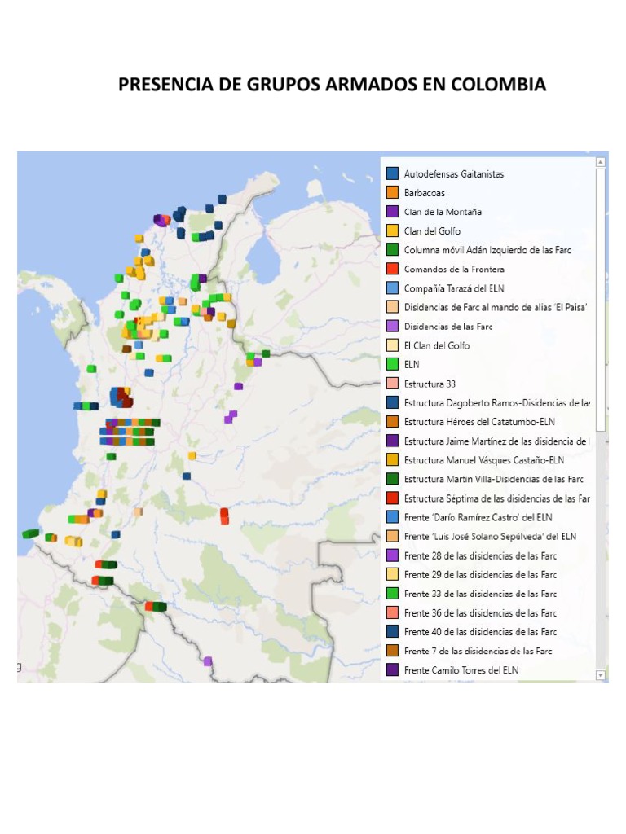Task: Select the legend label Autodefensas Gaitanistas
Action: pyautogui.click(x=453, y=174)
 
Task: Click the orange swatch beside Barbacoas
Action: pyautogui.click(x=392, y=193)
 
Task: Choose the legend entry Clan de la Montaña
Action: pyautogui.click(x=443, y=212)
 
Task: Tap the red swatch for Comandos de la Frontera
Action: pyautogui.click(x=392, y=269)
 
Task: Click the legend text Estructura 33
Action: pyautogui.click(x=430, y=384)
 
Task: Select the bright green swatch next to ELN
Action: pyautogui.click(x=392, y=365)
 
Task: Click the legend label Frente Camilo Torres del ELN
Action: pyautogui.click(x=461, y=670)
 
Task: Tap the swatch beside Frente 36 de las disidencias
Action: pyautogui.click(x=392, y=613)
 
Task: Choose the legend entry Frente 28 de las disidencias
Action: pyautogui.click(x=480, y=555)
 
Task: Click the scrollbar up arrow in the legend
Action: pyautogui.click(x=601, y=163)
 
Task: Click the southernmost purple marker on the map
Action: pyautogui.click(x=208, y=661)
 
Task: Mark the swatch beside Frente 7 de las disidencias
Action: pyautogui.click(x=392, y=651)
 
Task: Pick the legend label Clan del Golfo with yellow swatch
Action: pyautogui.click(x=432, y=231)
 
